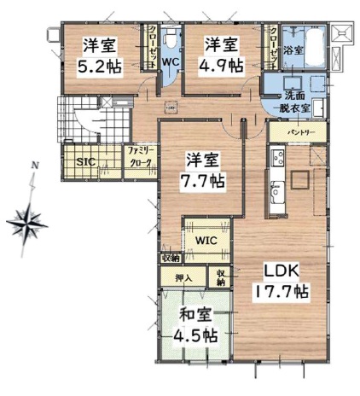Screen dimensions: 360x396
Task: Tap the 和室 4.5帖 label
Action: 195,326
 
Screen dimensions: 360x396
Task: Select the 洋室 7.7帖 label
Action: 202,172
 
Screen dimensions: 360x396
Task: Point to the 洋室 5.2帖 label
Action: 100,56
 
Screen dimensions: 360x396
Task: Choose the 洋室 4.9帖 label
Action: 221,56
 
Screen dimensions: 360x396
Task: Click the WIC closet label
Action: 206,241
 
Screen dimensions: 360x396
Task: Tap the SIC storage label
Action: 86,162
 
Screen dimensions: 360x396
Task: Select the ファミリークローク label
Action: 141,157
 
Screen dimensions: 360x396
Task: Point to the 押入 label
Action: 183,278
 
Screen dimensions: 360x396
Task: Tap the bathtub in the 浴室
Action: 315,47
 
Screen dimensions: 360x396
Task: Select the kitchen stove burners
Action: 277,157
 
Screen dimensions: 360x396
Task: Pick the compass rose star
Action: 27,224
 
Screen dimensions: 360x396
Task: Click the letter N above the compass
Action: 35,166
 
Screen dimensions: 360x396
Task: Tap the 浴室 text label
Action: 293,51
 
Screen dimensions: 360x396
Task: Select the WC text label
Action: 171,61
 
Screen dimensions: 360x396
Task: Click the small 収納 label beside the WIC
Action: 171,259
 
